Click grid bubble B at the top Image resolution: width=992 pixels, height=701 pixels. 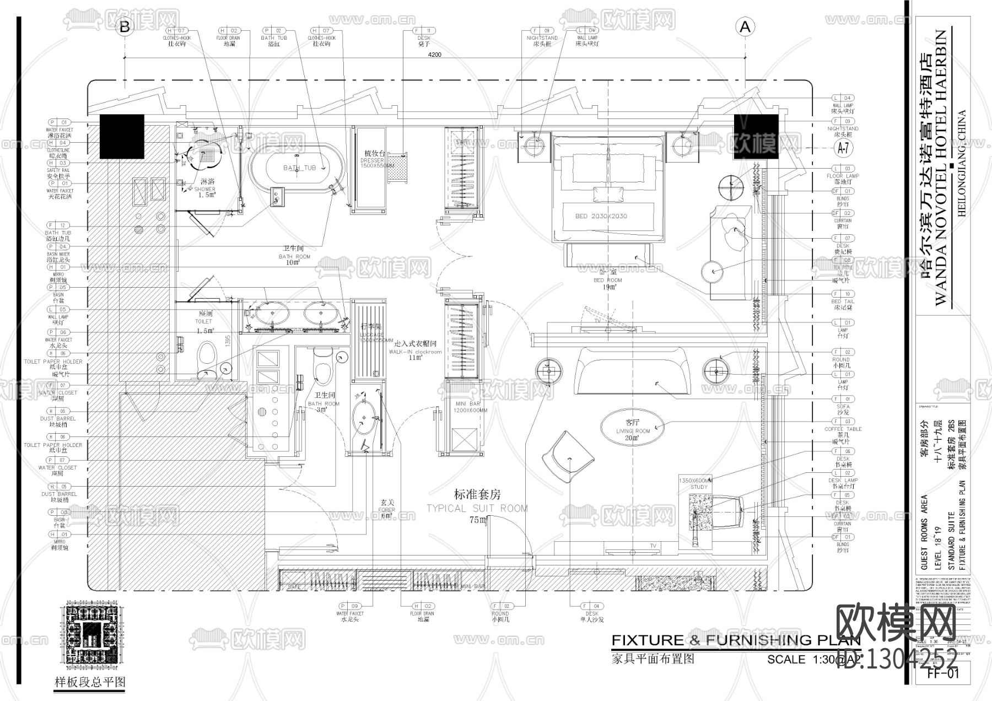pos(125,26)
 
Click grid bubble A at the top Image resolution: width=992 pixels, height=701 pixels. pos(745,26)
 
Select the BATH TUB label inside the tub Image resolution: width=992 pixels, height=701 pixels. pos(299,168)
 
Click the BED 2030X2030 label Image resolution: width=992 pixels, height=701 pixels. pos(601,216)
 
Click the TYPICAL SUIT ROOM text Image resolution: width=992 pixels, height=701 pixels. pos(477,508)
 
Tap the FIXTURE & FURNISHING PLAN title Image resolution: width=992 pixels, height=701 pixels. pos(736,640)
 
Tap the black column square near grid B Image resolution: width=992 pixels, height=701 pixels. pos(122,137)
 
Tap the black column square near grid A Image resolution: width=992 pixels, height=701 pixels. pos(756,137)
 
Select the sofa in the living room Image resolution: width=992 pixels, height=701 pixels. pos(632,370)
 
